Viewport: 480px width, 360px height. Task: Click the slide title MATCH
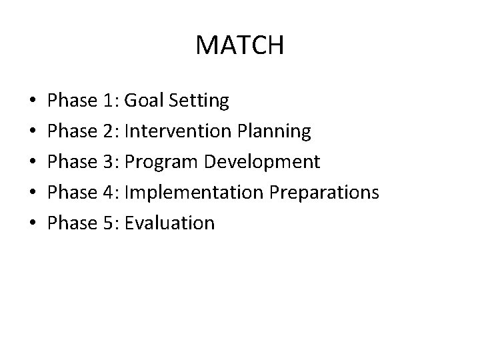(x=240, y=45)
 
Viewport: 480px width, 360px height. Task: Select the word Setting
(x=199, y=101)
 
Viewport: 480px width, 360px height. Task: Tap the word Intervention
(x=179, y=131)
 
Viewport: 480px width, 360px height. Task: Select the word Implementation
(x=193, y=193)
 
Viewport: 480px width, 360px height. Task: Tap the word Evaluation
(x=169, y=223)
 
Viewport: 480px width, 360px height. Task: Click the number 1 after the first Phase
(x=109, y=101)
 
